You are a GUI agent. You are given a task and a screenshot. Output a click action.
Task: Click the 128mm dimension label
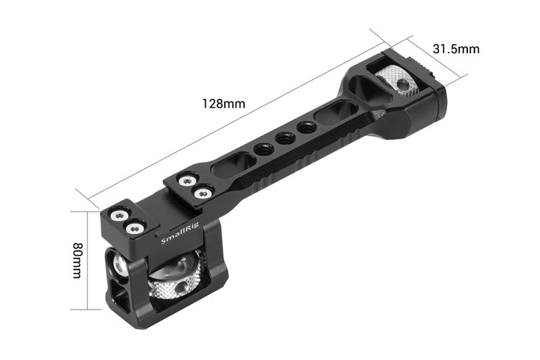tap(224, 103)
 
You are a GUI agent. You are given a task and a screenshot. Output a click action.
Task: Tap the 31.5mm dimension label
tap(456, 49)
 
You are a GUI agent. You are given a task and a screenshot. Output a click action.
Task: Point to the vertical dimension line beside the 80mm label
tap(89, 260)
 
